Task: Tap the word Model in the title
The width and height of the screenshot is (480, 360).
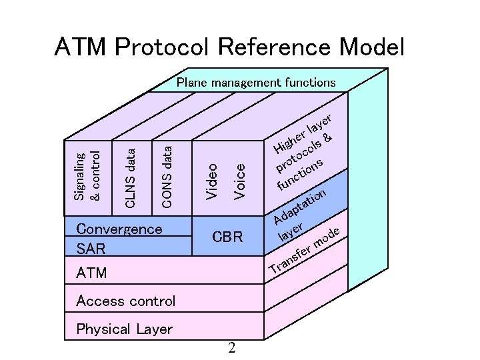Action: coord(371,47)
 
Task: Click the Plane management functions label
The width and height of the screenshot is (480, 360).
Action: coord(255,83)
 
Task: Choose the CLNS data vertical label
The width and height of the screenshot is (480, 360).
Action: coord(131,178)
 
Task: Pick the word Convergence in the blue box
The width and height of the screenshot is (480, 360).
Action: coord(119,229)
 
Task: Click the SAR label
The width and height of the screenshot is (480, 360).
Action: coord(91,249)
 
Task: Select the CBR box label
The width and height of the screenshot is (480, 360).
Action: coord(227,237)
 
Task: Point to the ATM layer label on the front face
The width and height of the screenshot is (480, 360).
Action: coord(91,273)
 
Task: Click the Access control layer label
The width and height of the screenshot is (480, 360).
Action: coord(126,301)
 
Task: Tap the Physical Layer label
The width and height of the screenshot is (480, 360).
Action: coord(124,329)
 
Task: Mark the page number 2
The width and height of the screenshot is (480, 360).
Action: coord(231,348)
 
